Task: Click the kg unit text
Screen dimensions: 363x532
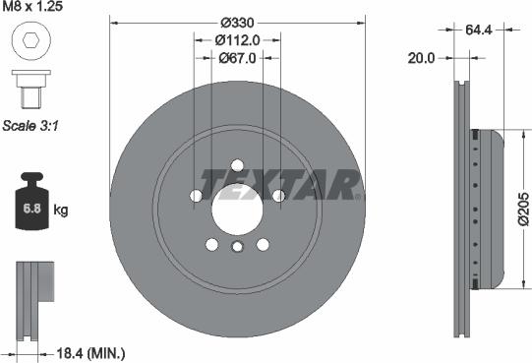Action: coord(61,211)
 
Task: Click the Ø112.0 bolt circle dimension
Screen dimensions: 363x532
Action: coord(236,39)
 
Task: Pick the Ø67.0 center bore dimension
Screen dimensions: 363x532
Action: coord(236,57)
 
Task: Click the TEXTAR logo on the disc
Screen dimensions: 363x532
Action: coord(279,182)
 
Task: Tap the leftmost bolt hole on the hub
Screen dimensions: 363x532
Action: coord(195,196)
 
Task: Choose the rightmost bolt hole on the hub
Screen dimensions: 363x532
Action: coord(278,196)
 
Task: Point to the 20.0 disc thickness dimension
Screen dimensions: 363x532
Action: coord(421,58)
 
